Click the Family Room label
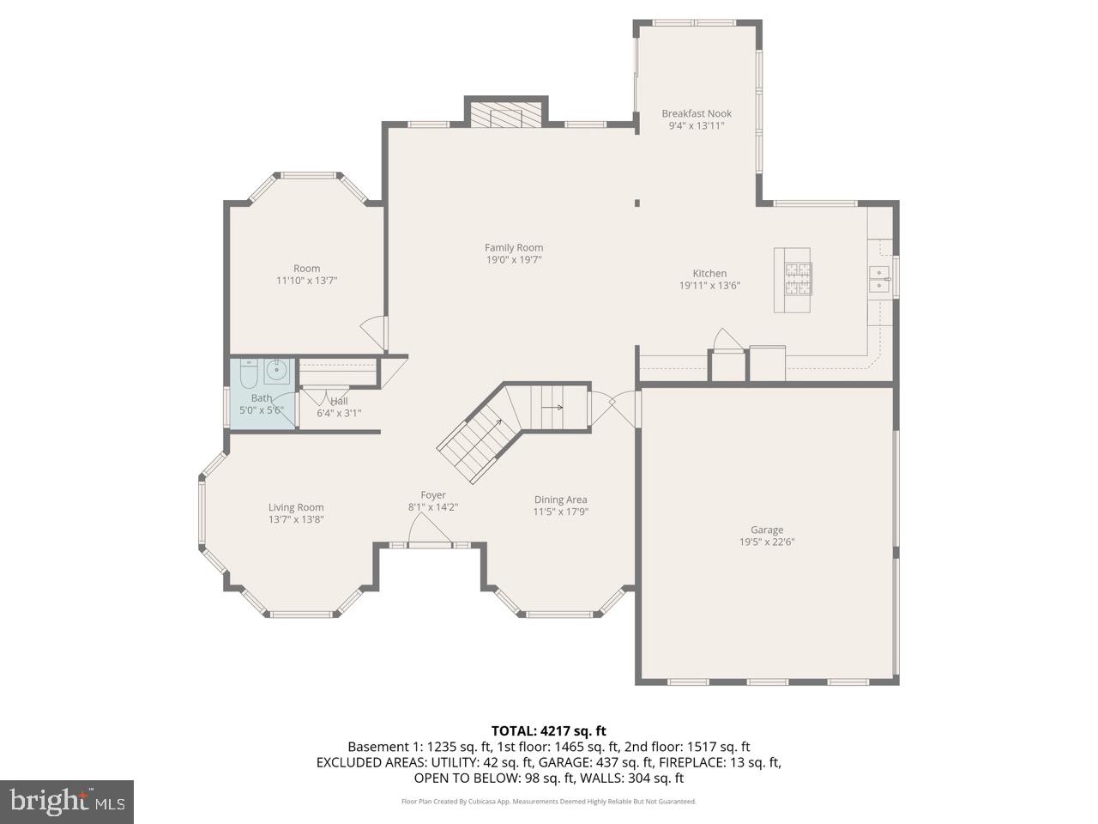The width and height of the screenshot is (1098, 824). click(514, 248)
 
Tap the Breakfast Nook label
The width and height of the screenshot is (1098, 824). click(696, 113)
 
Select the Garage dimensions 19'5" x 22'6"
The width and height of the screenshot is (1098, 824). click(767, 542)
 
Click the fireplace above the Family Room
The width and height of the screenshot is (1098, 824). click(505, 115)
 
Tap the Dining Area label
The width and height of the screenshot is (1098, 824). click(560, 500)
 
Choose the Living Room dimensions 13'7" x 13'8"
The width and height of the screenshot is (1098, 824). click(296, 519)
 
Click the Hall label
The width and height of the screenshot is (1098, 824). click(339, 401)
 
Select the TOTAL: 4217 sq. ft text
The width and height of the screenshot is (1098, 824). click(548, 731)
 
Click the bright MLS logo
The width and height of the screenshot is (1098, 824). click(66, 802)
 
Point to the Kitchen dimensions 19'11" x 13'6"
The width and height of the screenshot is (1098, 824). click(709, 286)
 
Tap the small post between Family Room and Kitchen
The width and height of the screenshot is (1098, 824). click(637, 203)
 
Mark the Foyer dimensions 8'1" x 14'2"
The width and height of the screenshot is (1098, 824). click(432, 507)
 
